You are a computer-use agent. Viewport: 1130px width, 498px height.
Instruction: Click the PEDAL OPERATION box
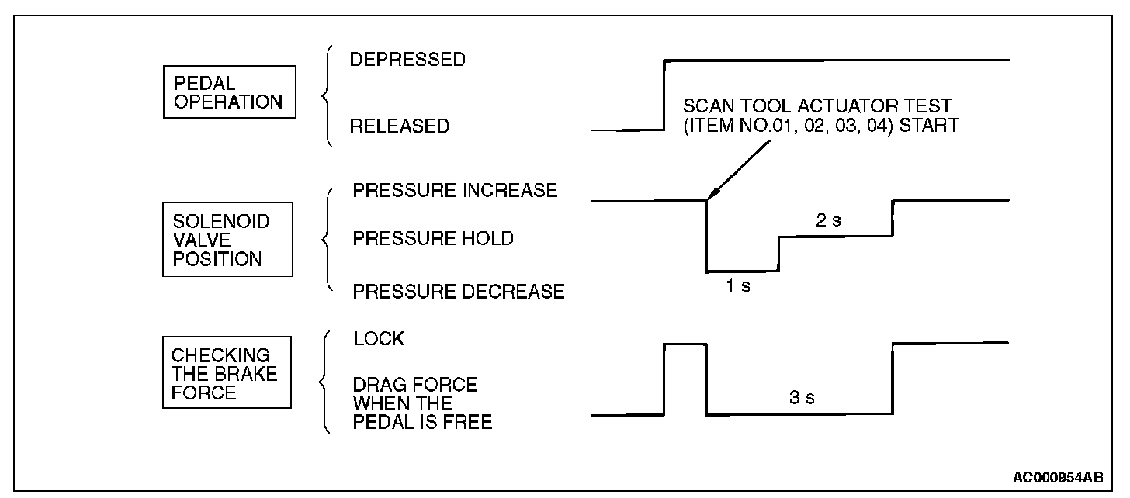228,92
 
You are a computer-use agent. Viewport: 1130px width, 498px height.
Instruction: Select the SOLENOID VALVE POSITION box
227,240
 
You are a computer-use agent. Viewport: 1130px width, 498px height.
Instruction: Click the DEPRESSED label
407,60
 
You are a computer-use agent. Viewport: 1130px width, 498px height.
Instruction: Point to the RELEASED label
399,126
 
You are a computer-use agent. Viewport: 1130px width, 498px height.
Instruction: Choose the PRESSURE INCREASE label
455,191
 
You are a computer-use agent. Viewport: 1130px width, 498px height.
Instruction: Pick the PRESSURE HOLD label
433,239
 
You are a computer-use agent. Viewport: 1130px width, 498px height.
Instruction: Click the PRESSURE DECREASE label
459,292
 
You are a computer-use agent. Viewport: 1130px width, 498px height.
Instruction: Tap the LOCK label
379,339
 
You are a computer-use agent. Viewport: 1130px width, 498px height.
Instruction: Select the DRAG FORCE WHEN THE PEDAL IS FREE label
422,403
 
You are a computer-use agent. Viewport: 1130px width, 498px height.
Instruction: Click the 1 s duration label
738,285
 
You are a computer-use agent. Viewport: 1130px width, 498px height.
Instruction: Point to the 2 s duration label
829,221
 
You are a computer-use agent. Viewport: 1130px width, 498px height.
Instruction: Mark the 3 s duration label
802,399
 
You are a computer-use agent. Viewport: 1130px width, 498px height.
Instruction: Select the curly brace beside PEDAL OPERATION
327,96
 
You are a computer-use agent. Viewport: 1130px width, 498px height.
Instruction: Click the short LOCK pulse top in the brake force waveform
685,343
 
